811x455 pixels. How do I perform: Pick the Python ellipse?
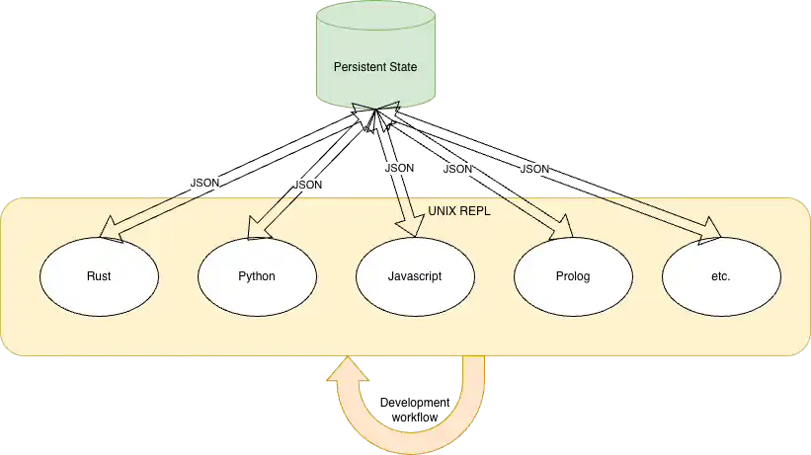[257, 276]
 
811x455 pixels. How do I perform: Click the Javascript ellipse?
[415, 276]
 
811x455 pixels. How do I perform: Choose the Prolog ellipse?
[573, 276]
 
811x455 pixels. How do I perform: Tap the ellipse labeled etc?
[720, 276]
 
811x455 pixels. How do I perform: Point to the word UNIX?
[442, 211]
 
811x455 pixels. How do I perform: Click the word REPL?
[474, 211]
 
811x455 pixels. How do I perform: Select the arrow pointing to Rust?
[148, 217]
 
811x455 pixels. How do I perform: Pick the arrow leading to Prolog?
[538, 217]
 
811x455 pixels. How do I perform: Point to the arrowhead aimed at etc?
[711, 231]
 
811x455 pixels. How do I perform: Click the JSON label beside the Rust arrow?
[205, 183]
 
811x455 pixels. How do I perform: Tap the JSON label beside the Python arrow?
[308, 185]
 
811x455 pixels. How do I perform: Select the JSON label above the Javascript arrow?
[398, 168]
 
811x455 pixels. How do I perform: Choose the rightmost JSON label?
[534, 170]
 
